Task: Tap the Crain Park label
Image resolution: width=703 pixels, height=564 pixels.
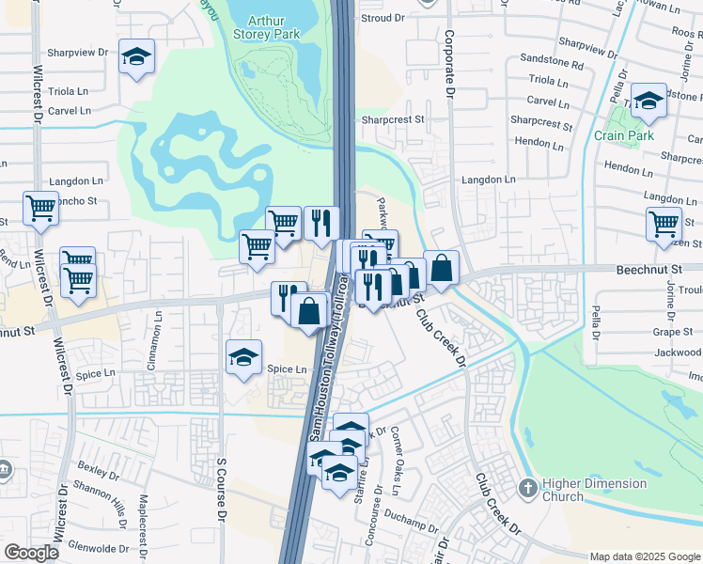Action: (x=623, y=135)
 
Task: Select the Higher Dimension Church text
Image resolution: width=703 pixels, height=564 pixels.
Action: (x=596, y=490)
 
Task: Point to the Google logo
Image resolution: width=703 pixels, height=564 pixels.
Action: (x=32, y=553)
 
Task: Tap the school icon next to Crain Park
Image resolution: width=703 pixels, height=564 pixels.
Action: (x=648, y=101)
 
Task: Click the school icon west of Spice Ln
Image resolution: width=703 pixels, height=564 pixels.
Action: (x=243, y=357)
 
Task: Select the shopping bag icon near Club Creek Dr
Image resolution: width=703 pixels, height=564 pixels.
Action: (x=441, y=267)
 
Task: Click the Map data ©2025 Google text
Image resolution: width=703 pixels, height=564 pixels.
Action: (x=644, y=556)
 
